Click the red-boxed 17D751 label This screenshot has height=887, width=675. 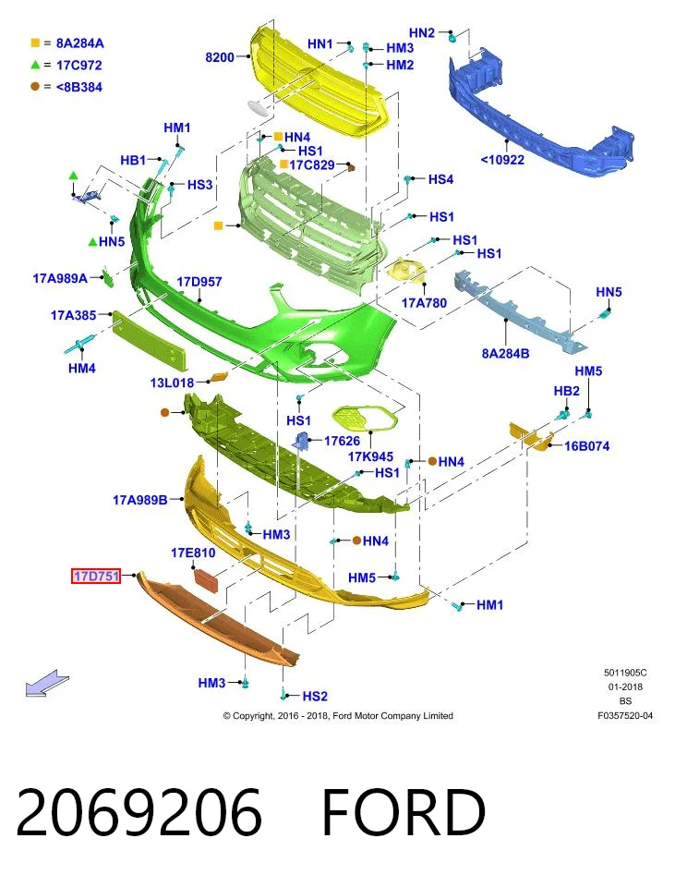point(96,576)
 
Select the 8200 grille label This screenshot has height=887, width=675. point(220,57)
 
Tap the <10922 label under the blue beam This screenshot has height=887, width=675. point(502,160)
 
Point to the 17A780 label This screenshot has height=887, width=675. point(424,303)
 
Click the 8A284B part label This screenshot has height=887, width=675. point(505,354)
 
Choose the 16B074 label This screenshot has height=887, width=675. point(586,446)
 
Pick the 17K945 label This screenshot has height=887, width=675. point(370,456)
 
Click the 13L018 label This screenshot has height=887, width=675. point(172,383)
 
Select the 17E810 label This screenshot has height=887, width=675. point(193,553)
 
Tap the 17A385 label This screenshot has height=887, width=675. point(74,315)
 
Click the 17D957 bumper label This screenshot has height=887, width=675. point(199,282)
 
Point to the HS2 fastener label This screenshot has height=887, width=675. point(315,697)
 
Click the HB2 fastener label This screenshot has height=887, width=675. point(566,392)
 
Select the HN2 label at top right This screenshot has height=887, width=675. point(422,33)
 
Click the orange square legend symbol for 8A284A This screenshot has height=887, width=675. point(35,43)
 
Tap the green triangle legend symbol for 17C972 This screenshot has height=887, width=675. point(35,65)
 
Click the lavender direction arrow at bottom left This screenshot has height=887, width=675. point(47,683)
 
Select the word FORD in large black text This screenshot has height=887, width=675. point(404,812)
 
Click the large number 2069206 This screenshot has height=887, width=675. point(139,812)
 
